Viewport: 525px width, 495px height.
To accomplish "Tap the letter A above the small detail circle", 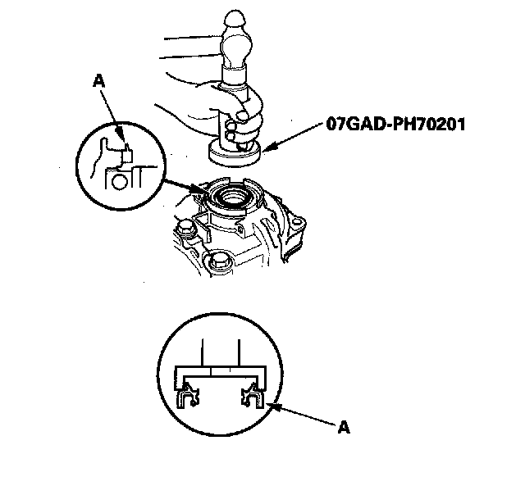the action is click(99, 81).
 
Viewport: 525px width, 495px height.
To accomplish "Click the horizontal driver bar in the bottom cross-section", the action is click(217, 374).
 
